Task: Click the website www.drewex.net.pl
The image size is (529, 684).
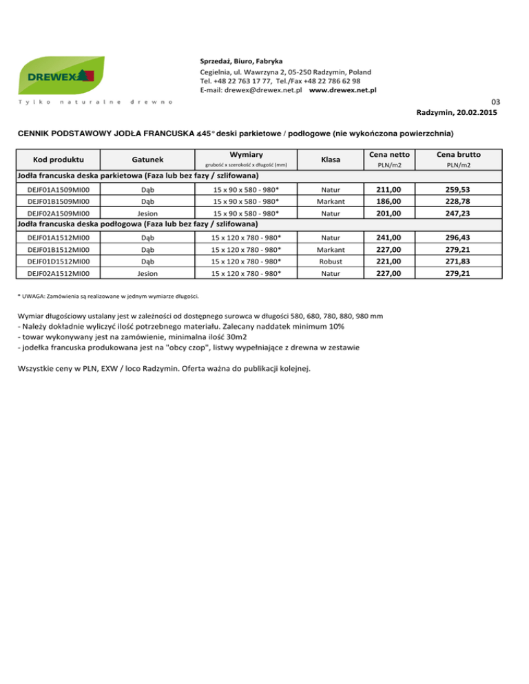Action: pos(342,90)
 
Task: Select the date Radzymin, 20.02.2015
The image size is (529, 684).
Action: pos(457,111)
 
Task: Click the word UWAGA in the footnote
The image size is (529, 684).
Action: pos(35,297)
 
